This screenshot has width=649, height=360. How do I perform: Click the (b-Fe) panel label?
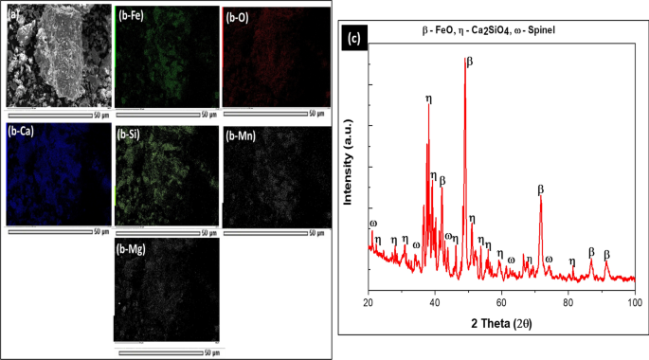(134, 17)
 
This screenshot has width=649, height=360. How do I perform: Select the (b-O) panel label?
(240, 17)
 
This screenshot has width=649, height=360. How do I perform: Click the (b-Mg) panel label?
(134, 249)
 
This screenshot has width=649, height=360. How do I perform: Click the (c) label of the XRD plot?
(353, 39)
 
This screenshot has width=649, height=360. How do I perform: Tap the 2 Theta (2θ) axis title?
(501, 321)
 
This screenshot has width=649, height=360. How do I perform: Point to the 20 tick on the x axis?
(369, 301)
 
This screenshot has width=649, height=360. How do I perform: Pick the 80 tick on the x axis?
(568, 301)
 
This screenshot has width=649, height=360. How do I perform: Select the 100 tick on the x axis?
(634, 301)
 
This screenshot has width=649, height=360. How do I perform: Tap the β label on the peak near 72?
(541, 189)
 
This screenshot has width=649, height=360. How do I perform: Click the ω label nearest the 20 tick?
(372, 224)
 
